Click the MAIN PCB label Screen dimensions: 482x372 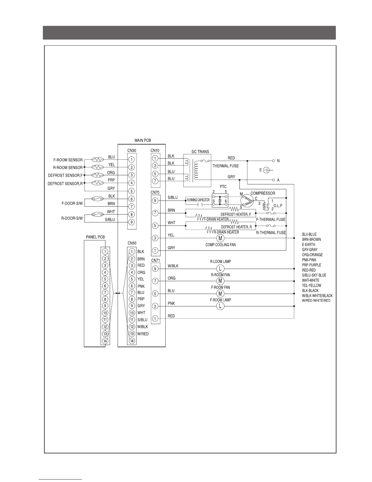[x=143, y=140]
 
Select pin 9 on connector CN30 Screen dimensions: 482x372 [x=131, y=222]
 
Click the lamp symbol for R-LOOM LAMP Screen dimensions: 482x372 [x=220, y=268]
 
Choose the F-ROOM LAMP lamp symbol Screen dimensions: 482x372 [x=220, y=306]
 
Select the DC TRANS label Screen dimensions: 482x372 [x=200, y=152]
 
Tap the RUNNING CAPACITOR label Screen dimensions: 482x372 [x=198, y=200]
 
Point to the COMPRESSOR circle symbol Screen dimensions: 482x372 [x=246, y=201]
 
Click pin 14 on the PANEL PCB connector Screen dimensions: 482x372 [x=105, y=341]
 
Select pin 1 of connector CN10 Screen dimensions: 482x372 [x=155, y=158]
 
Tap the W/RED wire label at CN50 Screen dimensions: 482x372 [x=143, y=334]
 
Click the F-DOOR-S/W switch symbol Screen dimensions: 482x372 [x=97, y=199]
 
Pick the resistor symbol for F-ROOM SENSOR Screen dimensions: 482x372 [x=98, y=159]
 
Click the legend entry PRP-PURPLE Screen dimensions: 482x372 [x=311, y=265]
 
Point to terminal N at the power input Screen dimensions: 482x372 [x=274, y=161]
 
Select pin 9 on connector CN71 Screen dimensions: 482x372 [x=155, y=269]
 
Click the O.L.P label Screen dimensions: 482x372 [x=278, y=206]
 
